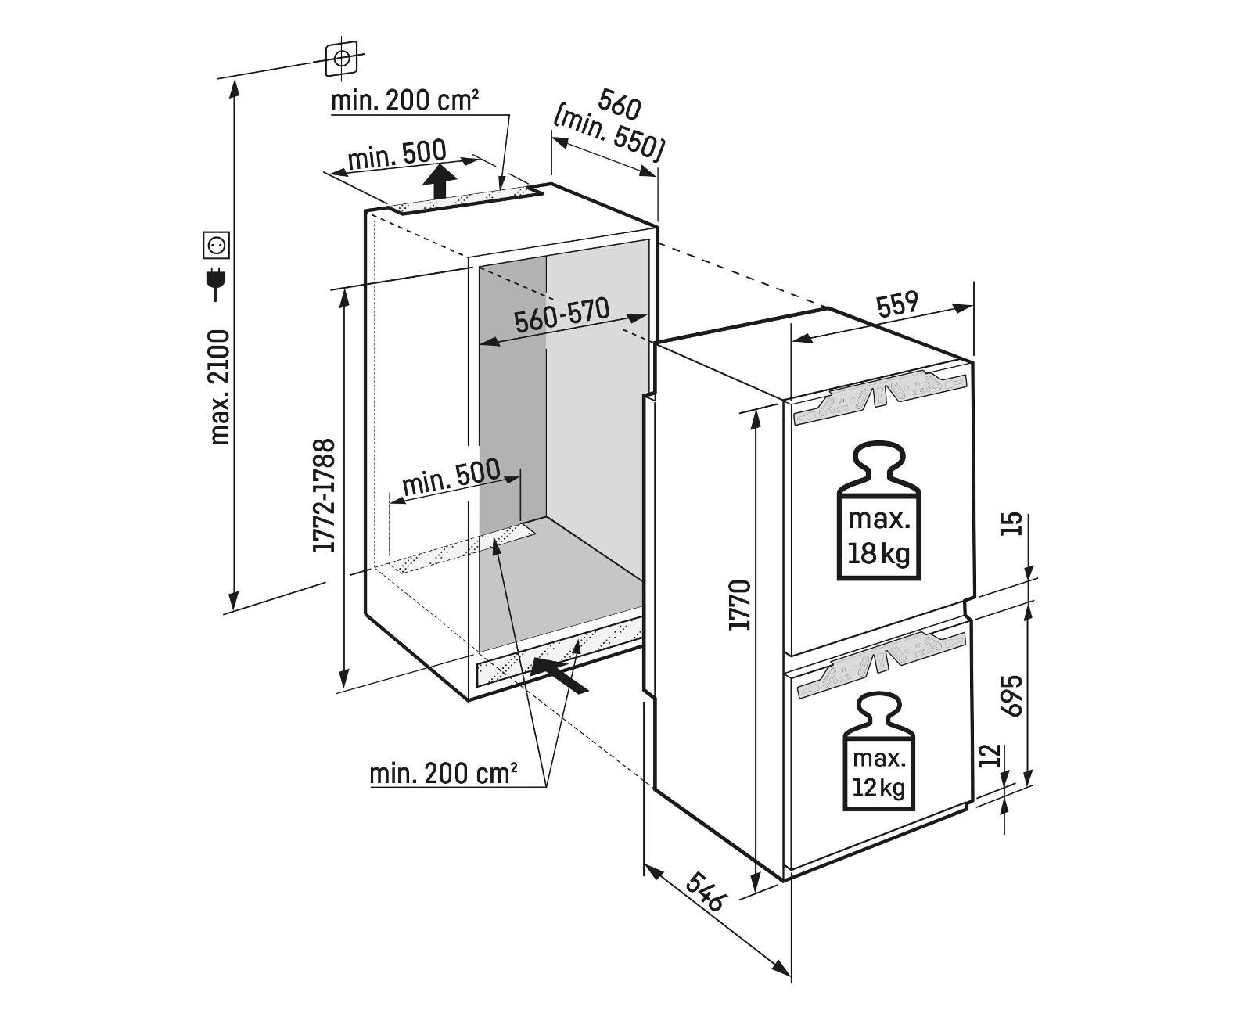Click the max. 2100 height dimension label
click(221, 386)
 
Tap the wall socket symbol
click(216, 246)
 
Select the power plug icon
click(215, 283)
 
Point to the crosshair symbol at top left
click(341, 58)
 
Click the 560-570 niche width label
click(562, 316)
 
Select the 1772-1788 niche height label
click(324, 496)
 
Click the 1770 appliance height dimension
click(740, 605)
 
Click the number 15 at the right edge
click(1012, 523)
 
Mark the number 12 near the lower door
click(990, 756)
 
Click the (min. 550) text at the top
click(609, 134)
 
